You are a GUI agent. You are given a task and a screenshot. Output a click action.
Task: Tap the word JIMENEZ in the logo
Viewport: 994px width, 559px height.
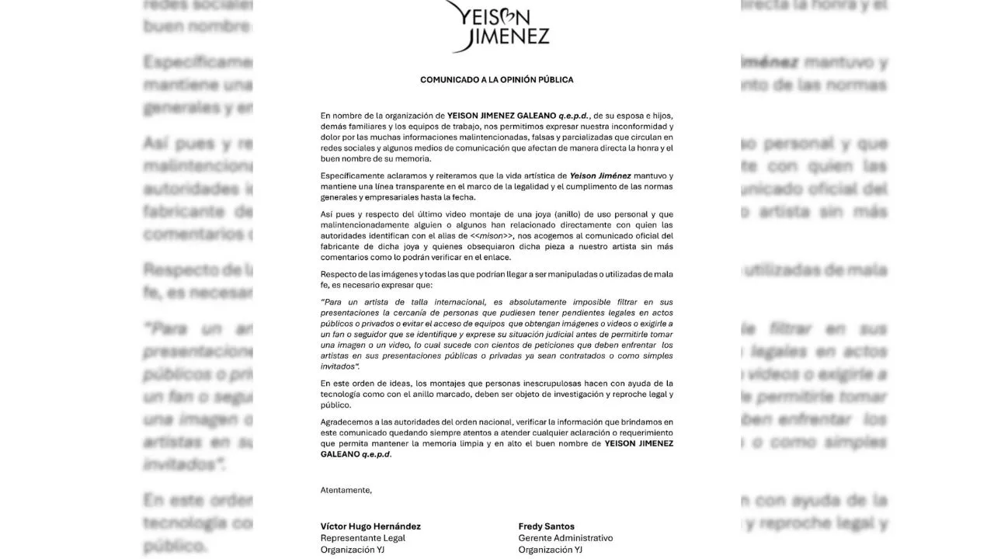pos(509,36)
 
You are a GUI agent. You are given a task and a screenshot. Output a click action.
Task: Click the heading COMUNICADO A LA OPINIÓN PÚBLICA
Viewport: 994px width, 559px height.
pos(496,80)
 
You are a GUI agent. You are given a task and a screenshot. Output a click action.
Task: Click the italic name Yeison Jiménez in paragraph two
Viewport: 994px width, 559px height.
pos(600,176)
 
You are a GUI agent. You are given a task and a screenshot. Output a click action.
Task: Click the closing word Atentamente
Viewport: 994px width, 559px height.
pos(346,490)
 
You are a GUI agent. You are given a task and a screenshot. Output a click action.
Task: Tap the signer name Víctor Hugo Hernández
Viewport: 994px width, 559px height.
pos(370,526)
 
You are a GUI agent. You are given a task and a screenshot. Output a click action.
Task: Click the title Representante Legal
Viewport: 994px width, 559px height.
pos(363,538)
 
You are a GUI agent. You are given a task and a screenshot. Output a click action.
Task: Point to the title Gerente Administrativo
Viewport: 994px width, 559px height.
pos(565,538)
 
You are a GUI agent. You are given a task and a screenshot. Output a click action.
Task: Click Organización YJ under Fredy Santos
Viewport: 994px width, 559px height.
pos(550,550)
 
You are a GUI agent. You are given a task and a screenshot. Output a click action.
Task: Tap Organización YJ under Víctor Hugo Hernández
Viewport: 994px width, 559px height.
pos(352,550)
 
